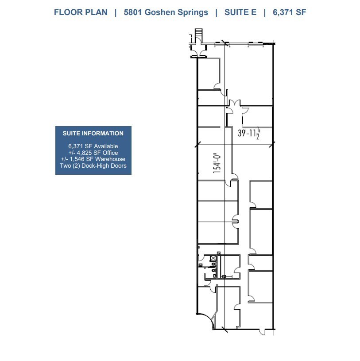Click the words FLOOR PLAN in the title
(x=81, y=12)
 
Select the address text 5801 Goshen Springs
(x=166, y=12)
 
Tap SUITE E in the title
(x=240, y=12)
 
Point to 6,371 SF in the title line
(x=289, y=12)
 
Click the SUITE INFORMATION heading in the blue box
(x=93, y=133)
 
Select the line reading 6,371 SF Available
(x=93, y=146)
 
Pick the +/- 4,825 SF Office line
(x=93, y=153)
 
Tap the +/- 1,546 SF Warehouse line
(x=93, y=159)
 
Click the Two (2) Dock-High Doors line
(x=93, y=166)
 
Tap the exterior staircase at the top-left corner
(x=198, y=34)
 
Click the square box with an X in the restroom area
(x=213, y=257)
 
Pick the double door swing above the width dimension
(x=235, y=104)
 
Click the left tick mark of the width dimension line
(x=197, y=144)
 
